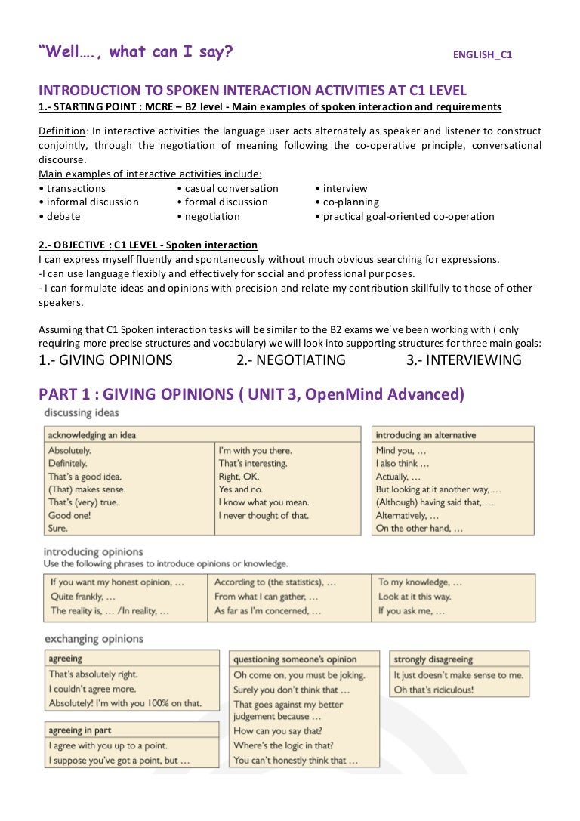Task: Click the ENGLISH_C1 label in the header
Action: pyautogui.click(x=482, y=55)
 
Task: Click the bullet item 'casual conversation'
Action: pyautogui.click(x=231, y=188)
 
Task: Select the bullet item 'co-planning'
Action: pyautogui.click(x=351, y=202)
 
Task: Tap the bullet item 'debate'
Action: pyautogui.click(x=63, y=216)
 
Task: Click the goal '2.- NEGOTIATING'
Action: pyautogui.click(x=291, y=360)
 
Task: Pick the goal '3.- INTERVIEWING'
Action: pyautogui.click(x=464, y=360)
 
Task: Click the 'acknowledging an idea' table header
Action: pyautogui.click(x=92, y=435)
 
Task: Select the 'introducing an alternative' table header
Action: pyautogui.click(x=426, y=435)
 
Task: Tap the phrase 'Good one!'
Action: pyautogui.click(x=69, y=516)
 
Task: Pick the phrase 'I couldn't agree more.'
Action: pyautogui.click(x=92, y=689)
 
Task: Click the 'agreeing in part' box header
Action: pyautogui.click(x=82, y=730)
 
